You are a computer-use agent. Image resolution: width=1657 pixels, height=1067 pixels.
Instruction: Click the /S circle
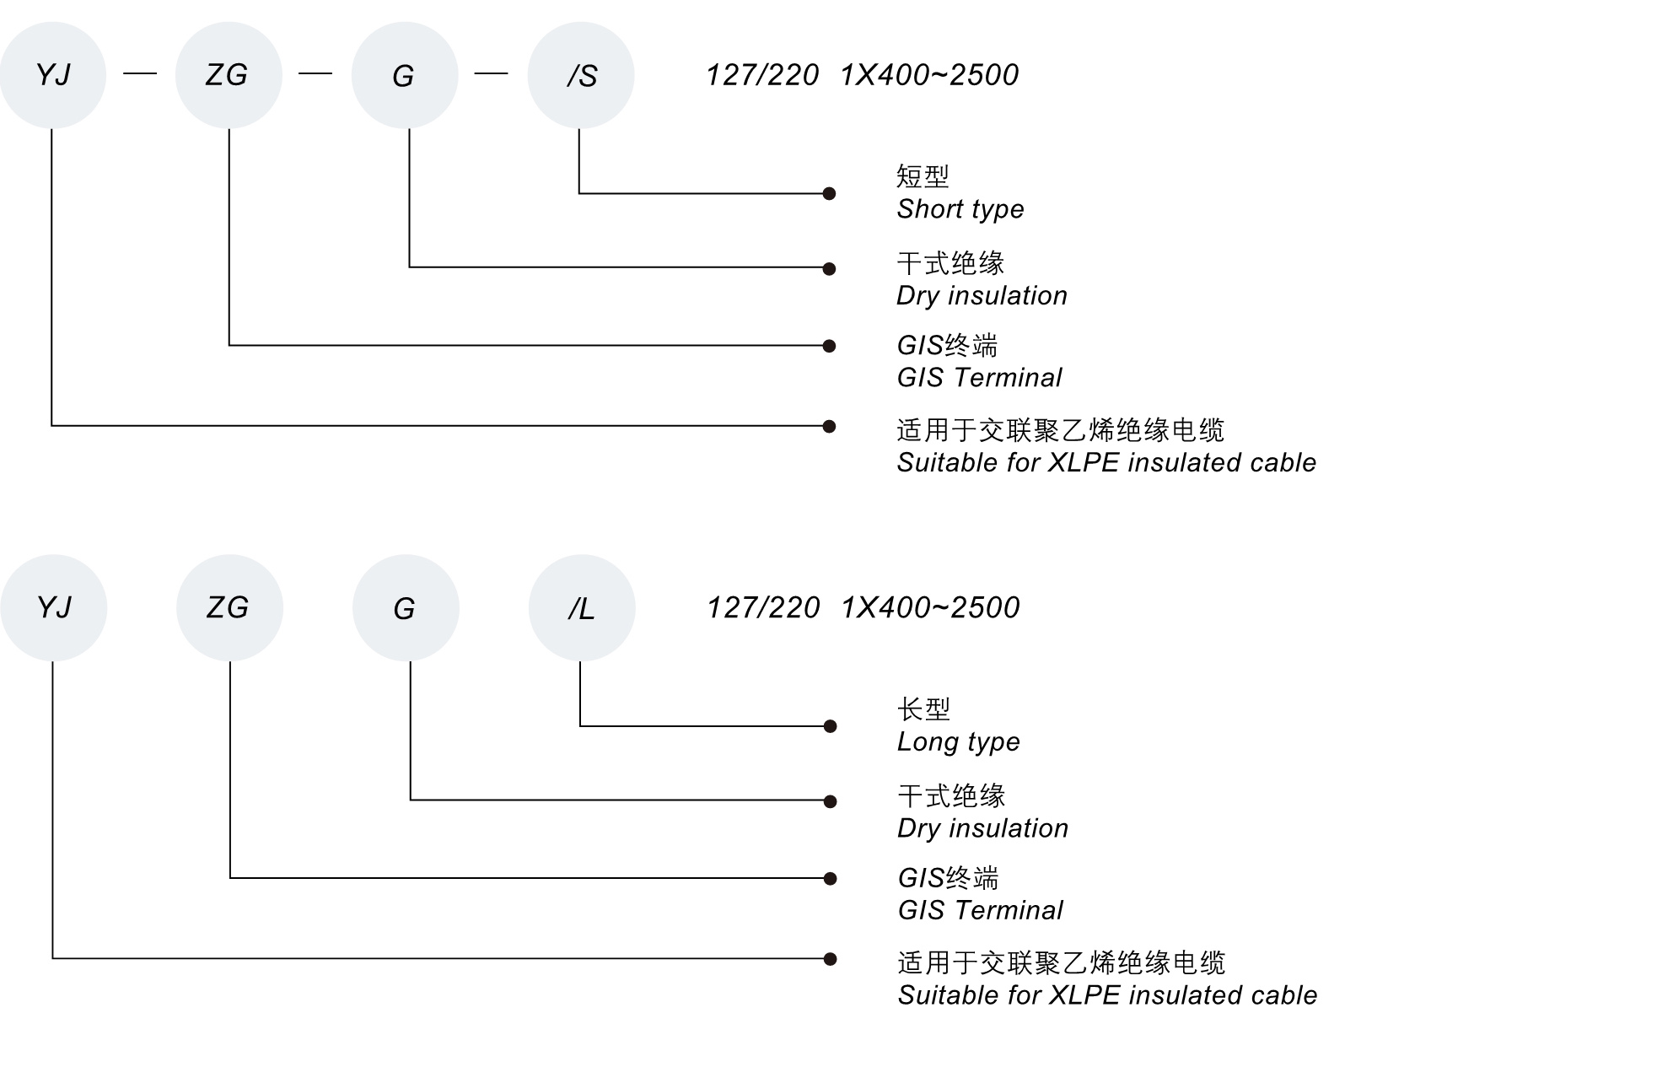point(580,75)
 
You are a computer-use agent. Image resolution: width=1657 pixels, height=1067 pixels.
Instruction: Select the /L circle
point(581,607)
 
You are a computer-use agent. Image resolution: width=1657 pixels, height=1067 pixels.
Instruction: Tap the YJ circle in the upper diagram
point(52,75)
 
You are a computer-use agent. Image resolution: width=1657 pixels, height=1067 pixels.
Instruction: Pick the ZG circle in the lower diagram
point(229,607)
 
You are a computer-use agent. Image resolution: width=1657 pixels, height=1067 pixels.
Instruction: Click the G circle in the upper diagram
point(404,75)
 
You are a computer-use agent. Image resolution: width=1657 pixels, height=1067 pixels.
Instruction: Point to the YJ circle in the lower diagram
point(53,607)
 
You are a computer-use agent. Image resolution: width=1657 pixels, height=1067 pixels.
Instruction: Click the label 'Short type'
point(960,209)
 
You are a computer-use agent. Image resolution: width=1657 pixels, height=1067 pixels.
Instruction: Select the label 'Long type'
point(958,741)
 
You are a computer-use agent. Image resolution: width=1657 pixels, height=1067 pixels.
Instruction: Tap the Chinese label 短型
point(922,176)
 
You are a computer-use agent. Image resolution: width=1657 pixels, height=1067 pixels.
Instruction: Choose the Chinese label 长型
point(923,709)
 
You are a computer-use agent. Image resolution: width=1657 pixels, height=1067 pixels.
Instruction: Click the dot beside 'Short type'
point(829,194)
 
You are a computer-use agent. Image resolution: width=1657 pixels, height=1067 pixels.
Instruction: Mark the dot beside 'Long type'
point(830,726)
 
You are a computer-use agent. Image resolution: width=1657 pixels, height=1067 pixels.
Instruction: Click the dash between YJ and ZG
point(140,74)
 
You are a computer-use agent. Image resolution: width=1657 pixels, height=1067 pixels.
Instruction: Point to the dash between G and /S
point(491,74)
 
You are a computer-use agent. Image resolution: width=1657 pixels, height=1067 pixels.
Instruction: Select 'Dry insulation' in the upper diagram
point(982,296)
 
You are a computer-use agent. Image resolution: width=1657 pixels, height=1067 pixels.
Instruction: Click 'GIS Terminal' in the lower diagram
point(980,910)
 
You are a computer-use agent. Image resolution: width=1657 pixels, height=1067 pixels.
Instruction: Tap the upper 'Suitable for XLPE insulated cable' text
point(1106,463)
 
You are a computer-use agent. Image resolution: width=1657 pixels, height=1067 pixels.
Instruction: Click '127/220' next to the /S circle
point(762,75)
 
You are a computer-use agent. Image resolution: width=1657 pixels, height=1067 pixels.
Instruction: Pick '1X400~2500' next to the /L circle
point(930,607)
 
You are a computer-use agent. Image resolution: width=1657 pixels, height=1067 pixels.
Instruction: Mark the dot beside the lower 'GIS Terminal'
point(830,879)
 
